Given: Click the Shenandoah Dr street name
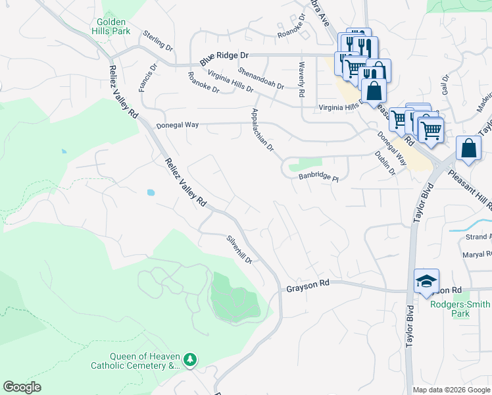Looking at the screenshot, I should coord(261,78).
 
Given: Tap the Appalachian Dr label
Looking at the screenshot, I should coord(262,130).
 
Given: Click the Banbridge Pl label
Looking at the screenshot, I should coord(318,178).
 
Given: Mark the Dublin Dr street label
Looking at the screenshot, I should coord(385,163).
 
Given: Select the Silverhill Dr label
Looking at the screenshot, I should coord(239,250).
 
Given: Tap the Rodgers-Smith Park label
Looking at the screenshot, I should coord(460,309).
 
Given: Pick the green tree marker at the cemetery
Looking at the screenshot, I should coord(190,359).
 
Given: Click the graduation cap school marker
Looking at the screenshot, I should coord(426,281).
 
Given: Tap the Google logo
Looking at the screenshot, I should coord(22,387).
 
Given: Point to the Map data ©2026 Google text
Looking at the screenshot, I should coord(451,390).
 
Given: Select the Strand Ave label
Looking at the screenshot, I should coord(478,236).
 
